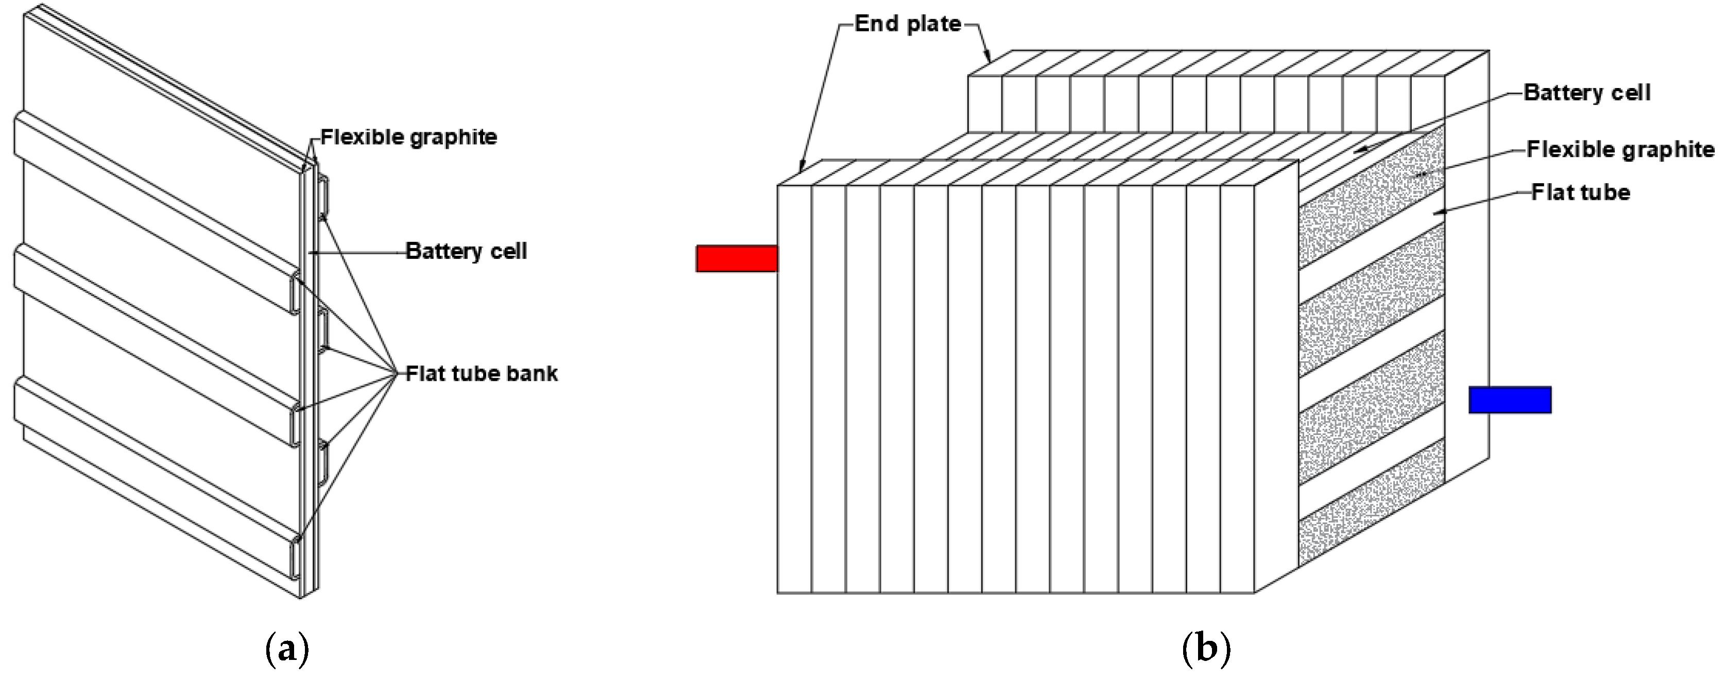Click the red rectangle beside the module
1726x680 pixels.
737,258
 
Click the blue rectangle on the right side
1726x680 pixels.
1510,399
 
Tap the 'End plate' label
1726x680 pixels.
908,24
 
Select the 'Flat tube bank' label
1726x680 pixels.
482,373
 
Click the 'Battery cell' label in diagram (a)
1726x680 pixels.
466,251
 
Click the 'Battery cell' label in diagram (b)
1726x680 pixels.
1586,93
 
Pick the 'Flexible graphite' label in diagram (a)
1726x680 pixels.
409,137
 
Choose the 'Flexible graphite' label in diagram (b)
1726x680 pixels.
1620,149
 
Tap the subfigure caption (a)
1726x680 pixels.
287,649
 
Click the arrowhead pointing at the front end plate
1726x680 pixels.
801,167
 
